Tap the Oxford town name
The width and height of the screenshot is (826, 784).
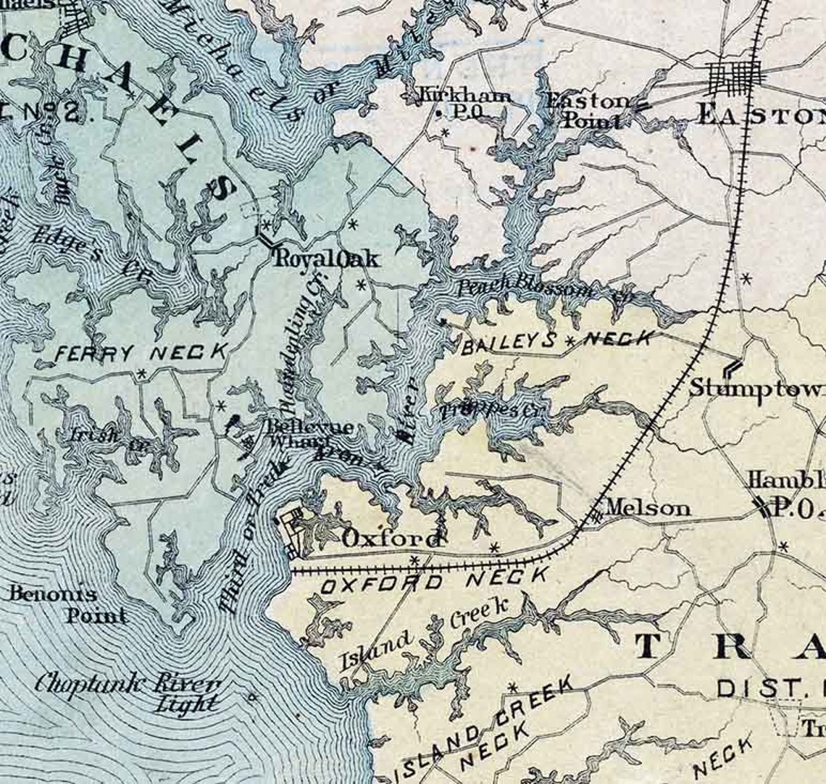click(x=391, y=539)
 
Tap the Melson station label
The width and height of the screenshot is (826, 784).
click(x=647, y=508)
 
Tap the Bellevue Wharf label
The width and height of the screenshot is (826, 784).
click(x=309, y=433)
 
